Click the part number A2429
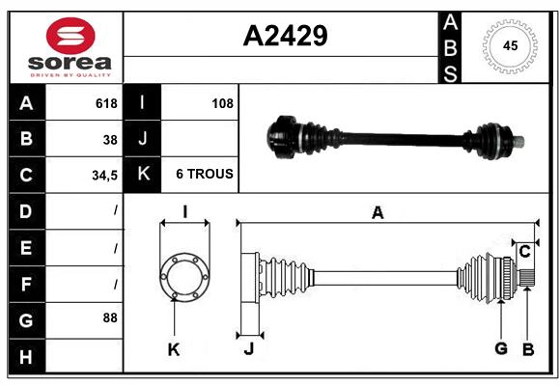285,36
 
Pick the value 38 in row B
110,139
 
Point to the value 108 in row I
222,103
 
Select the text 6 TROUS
204,175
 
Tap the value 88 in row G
110,317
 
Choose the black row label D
25,210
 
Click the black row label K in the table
142,175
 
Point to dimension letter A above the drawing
378,213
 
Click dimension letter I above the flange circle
183,212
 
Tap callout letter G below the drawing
501,348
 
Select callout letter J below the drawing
248,349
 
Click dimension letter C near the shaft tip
524,252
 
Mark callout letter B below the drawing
527,348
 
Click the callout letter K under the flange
174,349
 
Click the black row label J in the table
142,139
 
